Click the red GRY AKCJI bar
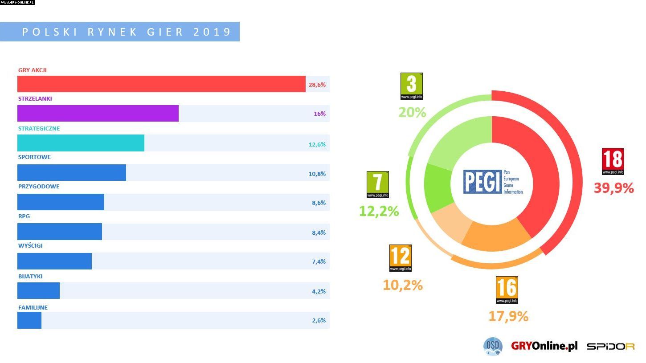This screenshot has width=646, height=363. [x=161, y=84]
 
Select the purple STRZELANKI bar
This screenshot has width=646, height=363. [x=98, y=114]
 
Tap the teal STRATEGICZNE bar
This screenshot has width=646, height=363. [x=81, y=143]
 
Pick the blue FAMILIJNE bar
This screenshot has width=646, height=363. [x=29, y=320]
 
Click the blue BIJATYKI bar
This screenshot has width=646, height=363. [x=38, y=291]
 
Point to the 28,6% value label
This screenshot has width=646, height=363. [x=317, y=85]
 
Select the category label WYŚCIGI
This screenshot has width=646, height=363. [x=30, y=245]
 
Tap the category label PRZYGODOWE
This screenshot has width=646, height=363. [x=39, y=186]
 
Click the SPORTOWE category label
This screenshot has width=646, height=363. [x=34, y=157]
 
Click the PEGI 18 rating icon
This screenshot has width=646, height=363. [x=613, y=161]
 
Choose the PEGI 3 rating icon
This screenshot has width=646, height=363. [x=411, y=86]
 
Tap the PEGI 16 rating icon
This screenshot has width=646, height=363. [x=507, y=290]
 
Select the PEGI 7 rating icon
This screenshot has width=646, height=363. [x=378, y=184]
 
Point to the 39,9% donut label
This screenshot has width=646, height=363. [x=613, y=188]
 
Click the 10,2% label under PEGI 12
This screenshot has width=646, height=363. [x=403, y=285]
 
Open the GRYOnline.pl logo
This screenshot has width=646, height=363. [x=544, y=346]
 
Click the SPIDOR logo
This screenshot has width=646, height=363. [x=610, y=347]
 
